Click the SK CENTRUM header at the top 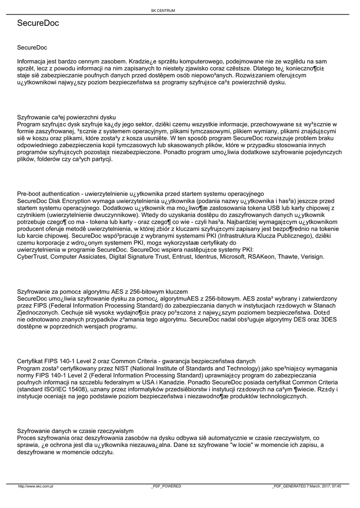[163, 10]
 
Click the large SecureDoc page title [38, 23]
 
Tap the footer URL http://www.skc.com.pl [36, 486]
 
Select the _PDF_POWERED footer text [166, 486]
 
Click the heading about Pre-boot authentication [140, 193]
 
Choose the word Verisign [312, 256]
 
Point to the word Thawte [288, 256]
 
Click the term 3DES [327, 320]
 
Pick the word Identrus [203, 256]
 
